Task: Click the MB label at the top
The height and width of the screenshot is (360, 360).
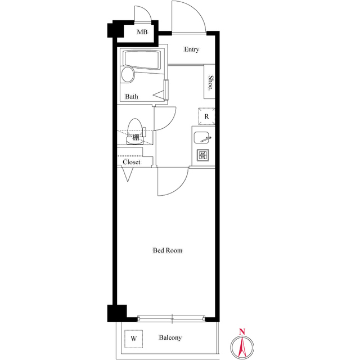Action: (142, 32)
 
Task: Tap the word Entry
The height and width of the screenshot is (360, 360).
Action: (191, 49)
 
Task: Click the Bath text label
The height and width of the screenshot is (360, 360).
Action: (132, 97)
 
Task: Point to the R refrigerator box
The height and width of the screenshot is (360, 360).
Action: (206, 116)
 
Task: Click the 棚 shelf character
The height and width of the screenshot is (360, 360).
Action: (136, 137)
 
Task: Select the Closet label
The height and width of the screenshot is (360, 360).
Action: (132, 162)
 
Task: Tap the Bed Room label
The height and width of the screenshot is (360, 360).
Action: (168, 250)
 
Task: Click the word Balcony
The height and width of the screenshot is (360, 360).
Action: (170, 338)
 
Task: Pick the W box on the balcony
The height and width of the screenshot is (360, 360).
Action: (133, 339)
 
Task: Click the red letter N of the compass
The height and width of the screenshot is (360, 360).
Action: (241, 331)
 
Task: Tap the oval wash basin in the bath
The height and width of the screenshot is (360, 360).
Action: (128, 75)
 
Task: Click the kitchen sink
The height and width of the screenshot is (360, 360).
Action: (202, 136)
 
